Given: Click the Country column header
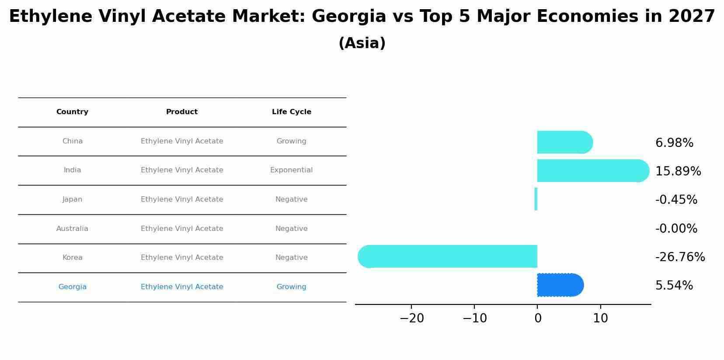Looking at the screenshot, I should point(72,112).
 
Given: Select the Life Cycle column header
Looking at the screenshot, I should point(291,112).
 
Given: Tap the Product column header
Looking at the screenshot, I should point(181,112).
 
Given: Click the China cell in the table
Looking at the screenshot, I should point(72,141).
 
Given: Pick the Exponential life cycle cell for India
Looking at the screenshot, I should point(291,170).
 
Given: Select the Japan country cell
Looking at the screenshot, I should point(72,199).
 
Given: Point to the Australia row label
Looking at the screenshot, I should point(72,229).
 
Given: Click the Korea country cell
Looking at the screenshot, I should point(72,258).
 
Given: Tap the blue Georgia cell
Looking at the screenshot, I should point(72,287).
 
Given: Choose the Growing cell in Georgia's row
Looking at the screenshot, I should point(291,287).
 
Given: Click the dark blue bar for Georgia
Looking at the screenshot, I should point(560,285).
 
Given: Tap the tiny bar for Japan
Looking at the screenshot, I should point(536,199).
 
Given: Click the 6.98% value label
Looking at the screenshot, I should point(674,143).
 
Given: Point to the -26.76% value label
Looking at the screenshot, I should point(680,257).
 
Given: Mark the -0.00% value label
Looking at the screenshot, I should point(676,229).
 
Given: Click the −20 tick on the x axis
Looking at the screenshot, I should point(411,318).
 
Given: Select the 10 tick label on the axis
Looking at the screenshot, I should point(600,318).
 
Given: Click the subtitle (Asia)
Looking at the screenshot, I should point(362,43).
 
